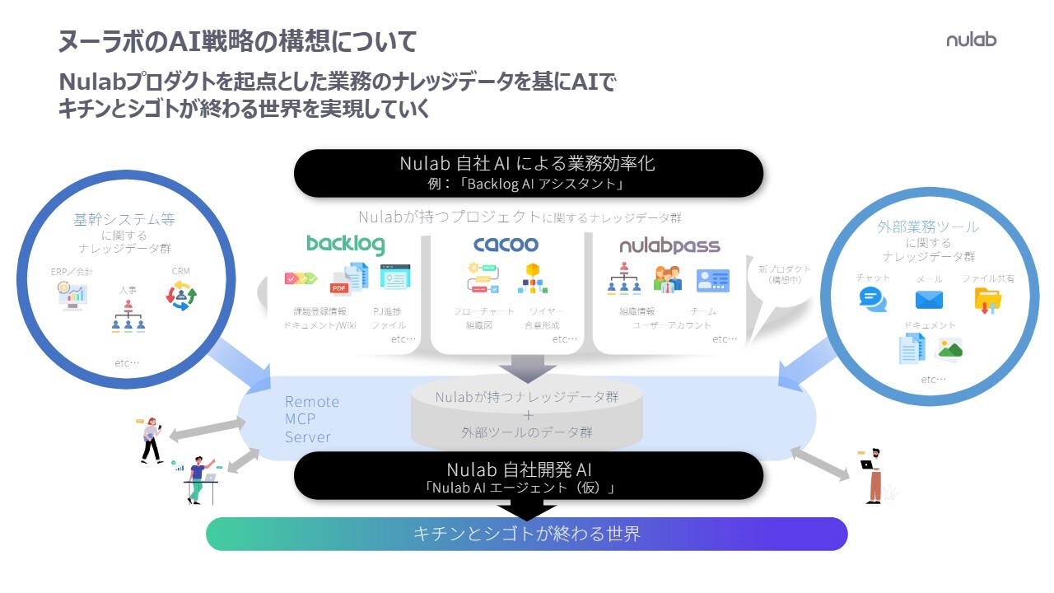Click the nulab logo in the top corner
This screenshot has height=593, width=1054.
971,40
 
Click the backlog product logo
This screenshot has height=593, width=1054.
345,244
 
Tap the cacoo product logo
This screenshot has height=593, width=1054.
506,244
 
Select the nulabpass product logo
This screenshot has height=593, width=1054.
669,245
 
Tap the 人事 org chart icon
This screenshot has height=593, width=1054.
128,316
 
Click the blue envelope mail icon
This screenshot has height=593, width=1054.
929,299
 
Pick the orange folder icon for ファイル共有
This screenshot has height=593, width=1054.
988,300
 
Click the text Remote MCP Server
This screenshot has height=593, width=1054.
312,419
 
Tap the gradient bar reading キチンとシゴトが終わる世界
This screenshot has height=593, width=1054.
526,534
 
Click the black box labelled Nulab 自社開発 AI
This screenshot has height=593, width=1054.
528,475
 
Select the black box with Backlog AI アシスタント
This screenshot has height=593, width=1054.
528,173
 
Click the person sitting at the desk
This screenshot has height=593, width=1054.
197,479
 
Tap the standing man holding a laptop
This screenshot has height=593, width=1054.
873,474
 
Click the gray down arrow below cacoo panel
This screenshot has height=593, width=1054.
529,367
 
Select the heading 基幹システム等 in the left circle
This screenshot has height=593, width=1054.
124,220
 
